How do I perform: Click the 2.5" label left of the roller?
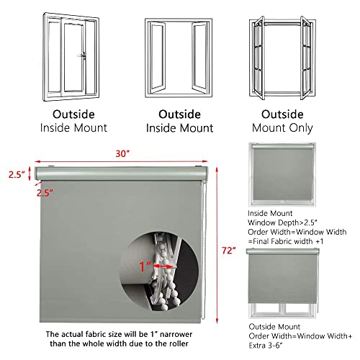pyautogui.click(x=16, y=174)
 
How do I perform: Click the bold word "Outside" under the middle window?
pyautogui.click(x=179, y=113)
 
